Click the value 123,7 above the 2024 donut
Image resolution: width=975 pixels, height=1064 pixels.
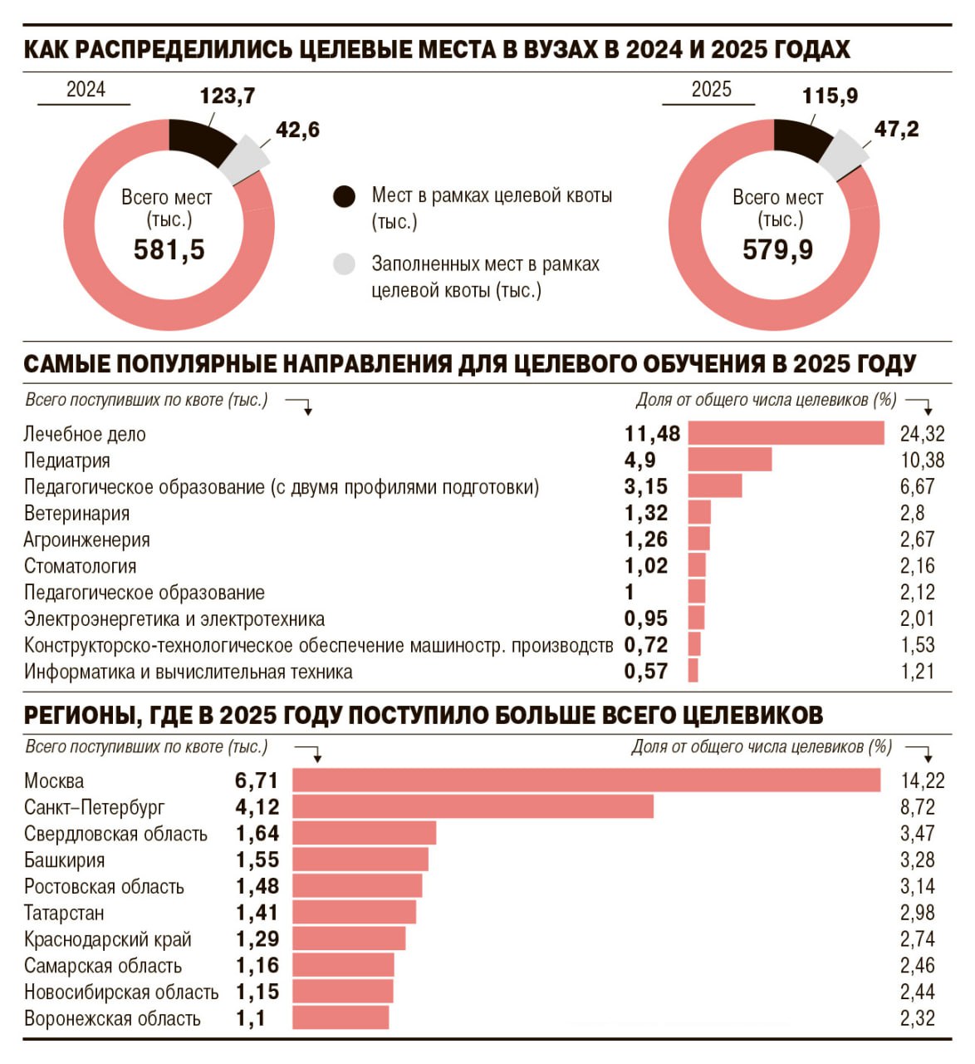coord(227,96)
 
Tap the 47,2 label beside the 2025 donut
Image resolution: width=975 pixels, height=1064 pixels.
coord(896,130)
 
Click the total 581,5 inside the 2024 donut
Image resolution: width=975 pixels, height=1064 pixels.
coord(169,249)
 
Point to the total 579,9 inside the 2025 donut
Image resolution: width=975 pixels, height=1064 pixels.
coord(777,249)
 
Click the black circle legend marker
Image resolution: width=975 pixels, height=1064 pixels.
coord(344,197)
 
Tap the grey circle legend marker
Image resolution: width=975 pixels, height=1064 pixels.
coord(344,264)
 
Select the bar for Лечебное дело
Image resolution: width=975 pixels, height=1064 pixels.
coord(786,433)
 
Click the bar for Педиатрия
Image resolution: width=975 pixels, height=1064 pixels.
coord(729,460)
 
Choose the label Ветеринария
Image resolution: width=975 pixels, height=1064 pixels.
coord(76,513)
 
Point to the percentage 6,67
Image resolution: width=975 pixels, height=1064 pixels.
coord(917,486)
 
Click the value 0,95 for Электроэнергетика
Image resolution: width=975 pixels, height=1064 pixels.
coord(645,618)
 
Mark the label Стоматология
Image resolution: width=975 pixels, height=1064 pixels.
coord(80,566)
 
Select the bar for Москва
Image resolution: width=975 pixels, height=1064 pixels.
coord(585,780)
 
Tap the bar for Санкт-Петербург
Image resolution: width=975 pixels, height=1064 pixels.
coord(473,806)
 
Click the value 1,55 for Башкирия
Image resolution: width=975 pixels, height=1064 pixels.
coord(257,860)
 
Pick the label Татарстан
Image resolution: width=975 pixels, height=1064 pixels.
coord(64,913)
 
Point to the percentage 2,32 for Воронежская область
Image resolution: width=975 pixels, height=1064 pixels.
coord(917,1018)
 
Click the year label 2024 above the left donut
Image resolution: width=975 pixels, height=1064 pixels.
coord(86,90)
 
